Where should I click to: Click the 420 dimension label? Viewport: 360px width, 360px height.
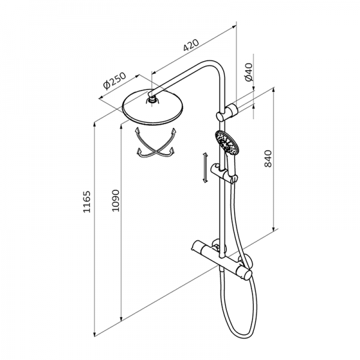coord(191,45)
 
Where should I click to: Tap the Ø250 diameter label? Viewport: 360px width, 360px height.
coord(115,81)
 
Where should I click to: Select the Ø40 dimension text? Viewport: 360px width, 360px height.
coord(248,72)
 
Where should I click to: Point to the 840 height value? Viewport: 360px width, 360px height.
coord(268,158)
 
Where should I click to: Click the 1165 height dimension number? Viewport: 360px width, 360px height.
coord(87,202)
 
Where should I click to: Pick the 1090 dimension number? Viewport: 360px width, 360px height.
coord(115,200)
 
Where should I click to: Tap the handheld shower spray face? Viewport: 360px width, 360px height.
coord(227,142)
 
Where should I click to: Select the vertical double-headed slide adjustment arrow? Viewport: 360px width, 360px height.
coord(205,168)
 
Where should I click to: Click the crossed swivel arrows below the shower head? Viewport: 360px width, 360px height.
coord(156,142)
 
